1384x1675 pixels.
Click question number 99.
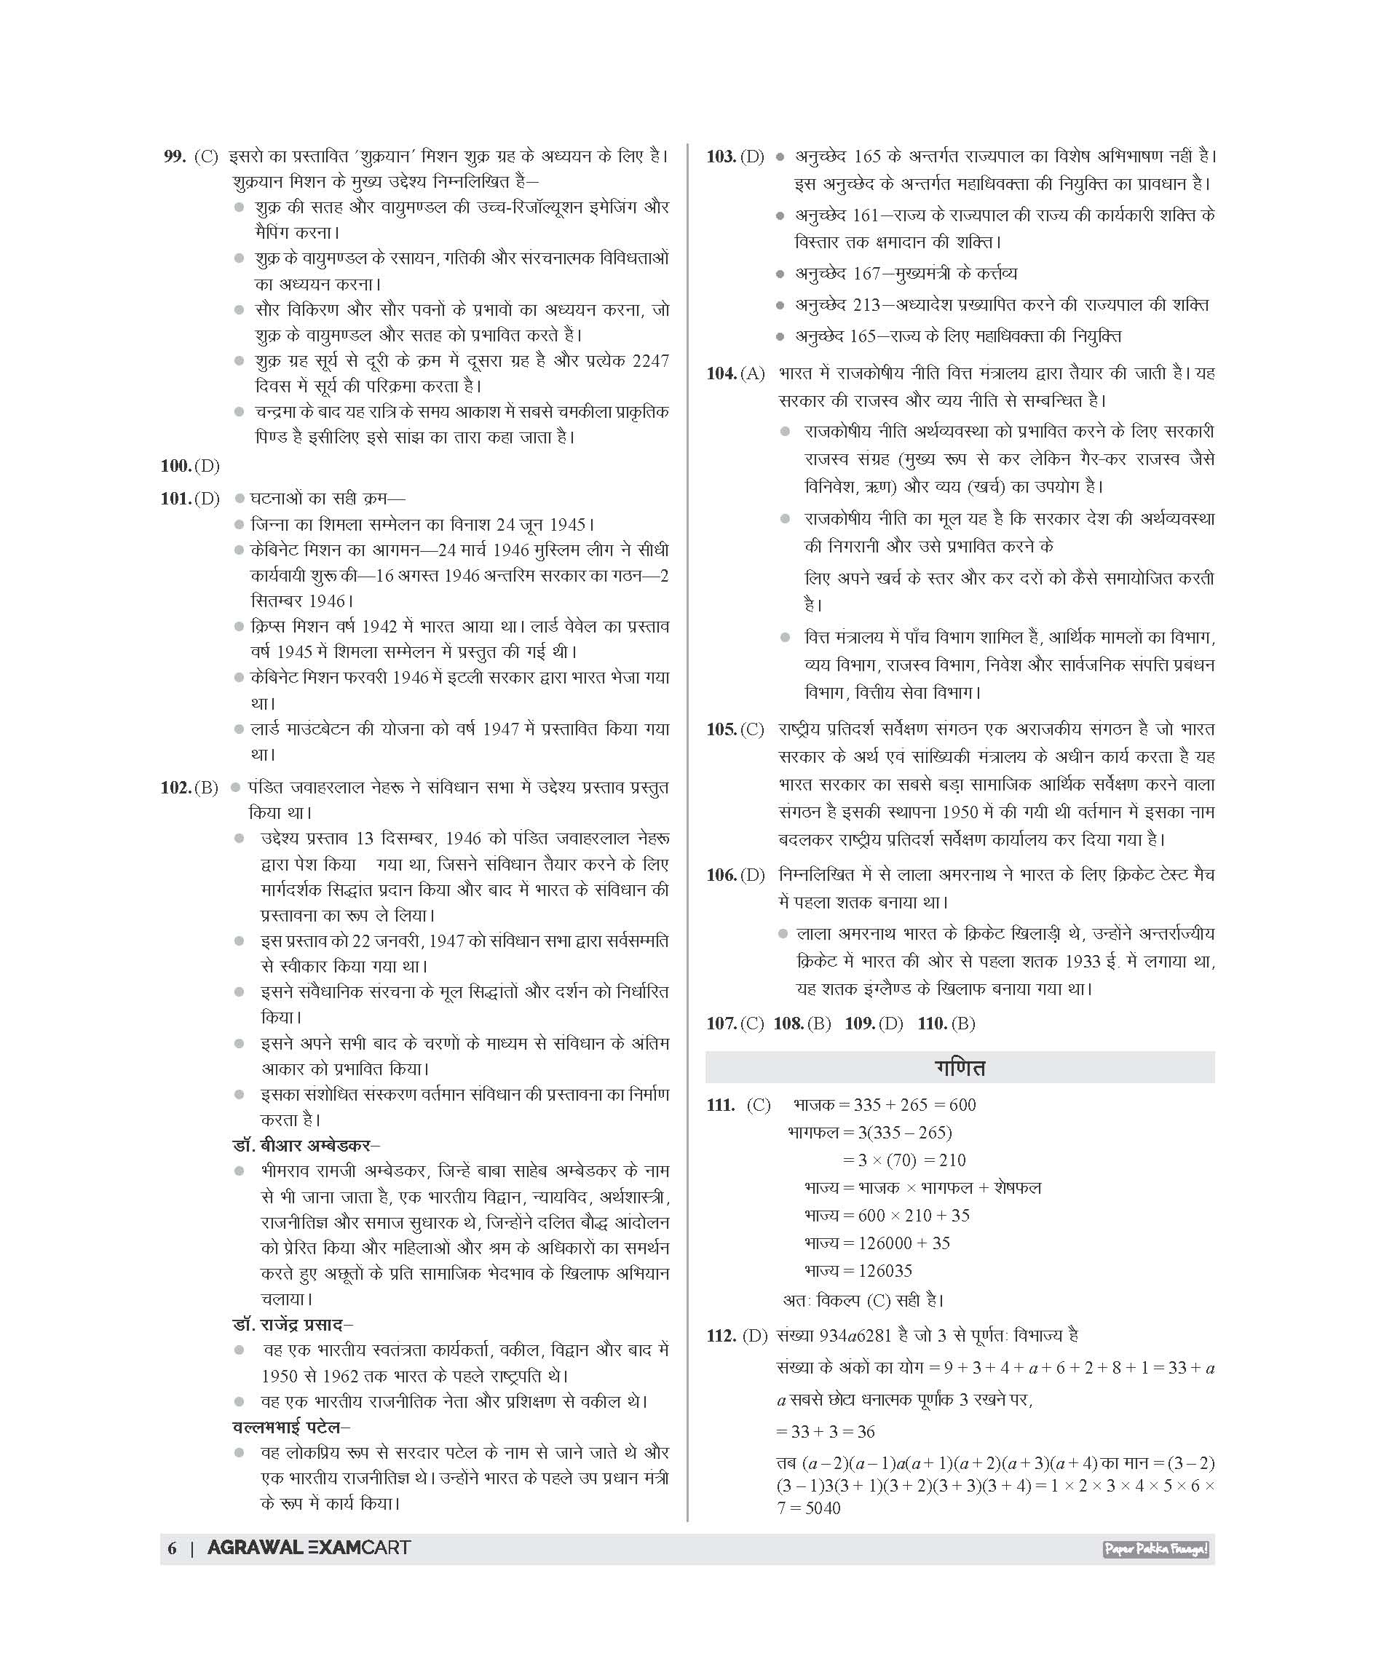[x=175, y=157]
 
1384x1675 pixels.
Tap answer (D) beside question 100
[x=207, y=466]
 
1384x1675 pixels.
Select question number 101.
[x=175, y=499]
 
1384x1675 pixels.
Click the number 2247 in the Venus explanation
[x=649, y=360]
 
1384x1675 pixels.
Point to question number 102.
[x=175, y=788]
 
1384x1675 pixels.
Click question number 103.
[x=721, y=157]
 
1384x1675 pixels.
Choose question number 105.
[x=721, y=729]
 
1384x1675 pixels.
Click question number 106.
[x=721, y=876]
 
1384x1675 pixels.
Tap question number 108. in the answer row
[x=788, y=1023]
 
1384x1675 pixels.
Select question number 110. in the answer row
[x=932, y=1023]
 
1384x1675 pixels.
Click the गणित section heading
[x=959, y=1067]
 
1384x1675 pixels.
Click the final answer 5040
[x=818, y=1508]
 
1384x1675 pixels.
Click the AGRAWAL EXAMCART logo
[x=309, y=1548]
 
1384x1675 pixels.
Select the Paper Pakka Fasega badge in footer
[x=1155, y=1549]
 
